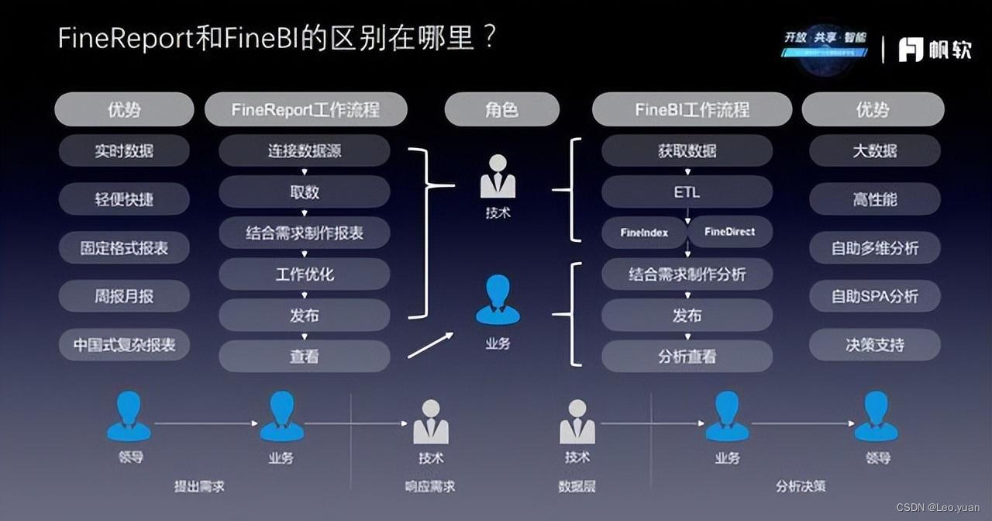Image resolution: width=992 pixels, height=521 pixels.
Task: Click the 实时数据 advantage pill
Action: pyautogui.click(x=124, y=151)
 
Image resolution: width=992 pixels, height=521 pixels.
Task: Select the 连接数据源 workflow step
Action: pyautogui.click(x=304, y=151)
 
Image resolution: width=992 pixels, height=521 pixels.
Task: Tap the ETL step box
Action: pyautogui.click(x=687, y=192)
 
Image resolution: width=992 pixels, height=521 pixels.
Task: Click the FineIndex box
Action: pyautogui.click(x=644, y=232)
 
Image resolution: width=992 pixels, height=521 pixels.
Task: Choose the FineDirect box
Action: pyautogui.click(x=730, y=232)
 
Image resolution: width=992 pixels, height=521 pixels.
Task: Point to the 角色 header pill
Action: pyautogui.click(x=501, y=109)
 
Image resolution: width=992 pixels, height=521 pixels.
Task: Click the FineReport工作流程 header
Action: pyautogui.click(x=305, y=109)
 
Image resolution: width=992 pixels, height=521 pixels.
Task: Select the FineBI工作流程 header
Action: pyautogui.click(x=691, y=109)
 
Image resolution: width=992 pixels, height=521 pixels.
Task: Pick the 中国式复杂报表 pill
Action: pyautogui.click(x=124, y=345)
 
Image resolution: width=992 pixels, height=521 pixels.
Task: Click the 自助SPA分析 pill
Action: pyautogui.click(x=874, y=296)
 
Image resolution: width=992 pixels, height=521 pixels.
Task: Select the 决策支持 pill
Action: pyautogui.click(x=874, y=345)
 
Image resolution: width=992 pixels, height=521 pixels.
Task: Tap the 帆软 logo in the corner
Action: pyautogui.click(x=935, y=50)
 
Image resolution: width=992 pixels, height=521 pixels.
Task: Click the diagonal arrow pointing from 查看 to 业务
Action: pyautogui.click(x=431, y=345)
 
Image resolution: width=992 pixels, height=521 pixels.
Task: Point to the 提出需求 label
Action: pyautogui.click(x=199, y=487)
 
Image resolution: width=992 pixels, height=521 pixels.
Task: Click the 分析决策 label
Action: pyautogui.click(x=801, y=487)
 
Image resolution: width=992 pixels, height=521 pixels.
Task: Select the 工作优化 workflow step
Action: pyautogui.click(x=304, y=274)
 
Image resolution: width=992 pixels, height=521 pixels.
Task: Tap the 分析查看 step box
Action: pyautogui.click(x=687, y=357)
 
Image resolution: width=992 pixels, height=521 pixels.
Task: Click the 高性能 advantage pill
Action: pyautogui.click(x=874, y=200)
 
